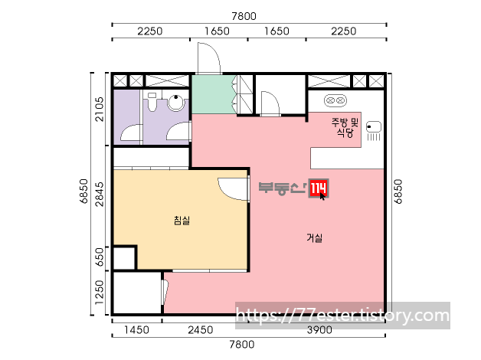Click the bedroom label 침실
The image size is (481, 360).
pyautogui.click(x=182, y=220)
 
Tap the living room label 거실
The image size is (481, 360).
pyautogui.click(x=315, y=237)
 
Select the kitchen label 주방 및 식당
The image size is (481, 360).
pyautogui.click(x=345, y=127)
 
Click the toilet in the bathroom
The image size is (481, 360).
pyautogui.click(x=152, y=102)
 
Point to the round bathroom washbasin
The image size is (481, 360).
pyautogui.click(x=175, y=103)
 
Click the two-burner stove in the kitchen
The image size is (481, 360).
pyautogui.click(x=335, y=100)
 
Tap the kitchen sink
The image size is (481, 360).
pyautogui.click(x=374, y=126)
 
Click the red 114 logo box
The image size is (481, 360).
pyautogui.click(x=319, y=188)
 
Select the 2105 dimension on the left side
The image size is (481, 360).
pyautogui.click(x=100, y=110)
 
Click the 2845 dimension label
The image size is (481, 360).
pyautogui.click(x=100, y=194)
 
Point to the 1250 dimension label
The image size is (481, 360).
pyautogui.click(x=100, y=293)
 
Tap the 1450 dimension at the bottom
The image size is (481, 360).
pyautogui.click(x=136, y=330)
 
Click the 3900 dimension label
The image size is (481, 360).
pyautogui.click(x=319, y=330)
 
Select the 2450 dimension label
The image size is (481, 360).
pyautogui.click(x=201, y=330)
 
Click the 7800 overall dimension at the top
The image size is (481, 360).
pyautogui.click(x=244, y=16)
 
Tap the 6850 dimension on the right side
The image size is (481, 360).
pyautogui.click(x=398, y=191)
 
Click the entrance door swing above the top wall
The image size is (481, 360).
pyautogui.click(x=209, y=58)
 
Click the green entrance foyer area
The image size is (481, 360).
pyautogui.click(x=214, y=94)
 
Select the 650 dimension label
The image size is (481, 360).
pyautogui.click(x=100, y=258)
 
